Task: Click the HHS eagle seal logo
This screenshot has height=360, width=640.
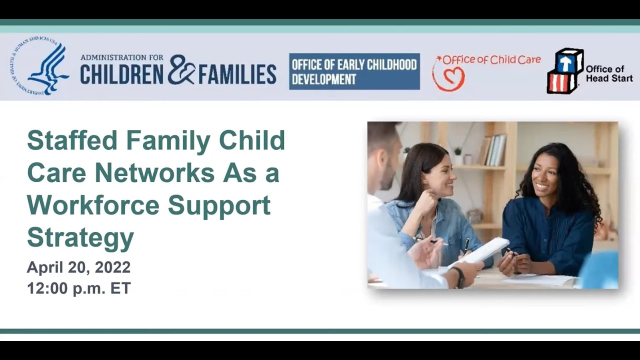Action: [40, 66]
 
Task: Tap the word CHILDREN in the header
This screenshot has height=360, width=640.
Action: [121, 74]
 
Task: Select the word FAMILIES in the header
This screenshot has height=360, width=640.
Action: [237, 74]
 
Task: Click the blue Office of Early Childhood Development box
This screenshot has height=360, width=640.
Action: [354, 71]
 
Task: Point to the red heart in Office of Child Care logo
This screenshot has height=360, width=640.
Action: [448, 79]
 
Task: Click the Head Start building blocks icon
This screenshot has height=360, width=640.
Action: [565, 70]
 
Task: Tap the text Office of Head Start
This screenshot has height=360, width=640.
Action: [608, 73]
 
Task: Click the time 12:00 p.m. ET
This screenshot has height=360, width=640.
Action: [78, 288]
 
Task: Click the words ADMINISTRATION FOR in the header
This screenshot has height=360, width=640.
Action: [121, 57]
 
